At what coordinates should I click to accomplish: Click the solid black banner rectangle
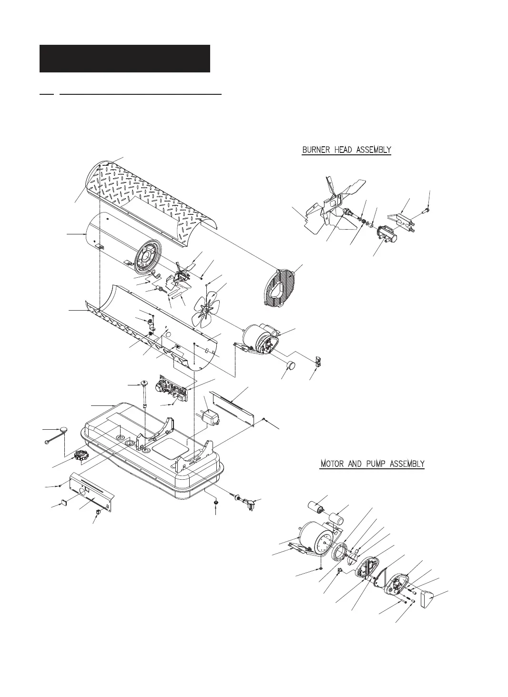(124, 59)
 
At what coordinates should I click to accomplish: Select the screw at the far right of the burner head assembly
(427, 208)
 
